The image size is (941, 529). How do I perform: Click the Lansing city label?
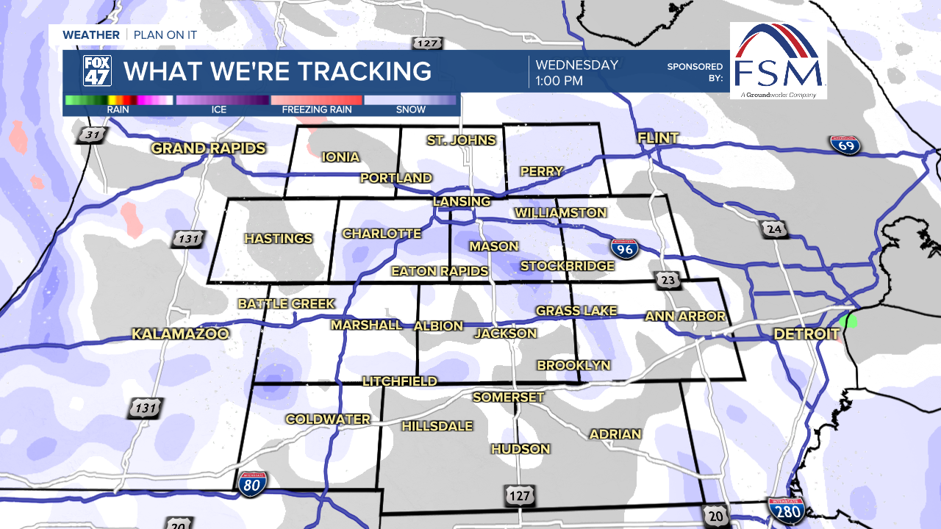461,201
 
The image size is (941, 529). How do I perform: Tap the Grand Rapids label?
208,148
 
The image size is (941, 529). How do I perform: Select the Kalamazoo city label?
180,334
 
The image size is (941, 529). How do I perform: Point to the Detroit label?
806,334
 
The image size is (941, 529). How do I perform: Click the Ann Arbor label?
685,317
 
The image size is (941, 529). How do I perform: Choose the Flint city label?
658,138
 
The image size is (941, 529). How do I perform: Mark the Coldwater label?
328,420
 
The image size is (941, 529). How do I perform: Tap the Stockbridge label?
567,266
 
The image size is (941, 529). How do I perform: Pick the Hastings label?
278,238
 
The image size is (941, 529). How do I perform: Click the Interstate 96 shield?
623,249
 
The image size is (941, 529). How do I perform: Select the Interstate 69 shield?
845,144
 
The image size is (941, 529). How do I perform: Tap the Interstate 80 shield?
252,483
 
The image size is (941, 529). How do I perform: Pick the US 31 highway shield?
93,135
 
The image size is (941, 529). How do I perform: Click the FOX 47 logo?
97,71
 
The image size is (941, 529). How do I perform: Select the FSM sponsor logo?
778,60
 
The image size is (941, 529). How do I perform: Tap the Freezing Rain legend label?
317,110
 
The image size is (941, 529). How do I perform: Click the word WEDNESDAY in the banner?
576,65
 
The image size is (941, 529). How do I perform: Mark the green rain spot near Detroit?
848,320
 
